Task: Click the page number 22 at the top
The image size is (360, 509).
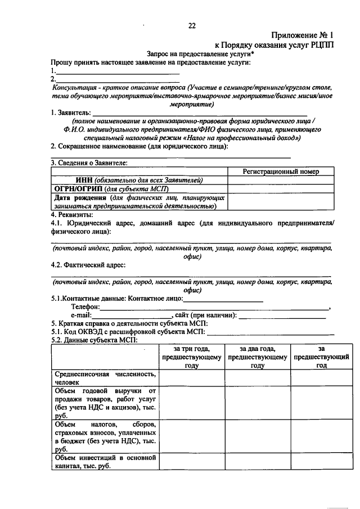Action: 191,25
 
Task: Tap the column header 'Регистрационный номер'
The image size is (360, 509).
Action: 281,172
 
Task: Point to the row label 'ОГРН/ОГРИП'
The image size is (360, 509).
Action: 76,189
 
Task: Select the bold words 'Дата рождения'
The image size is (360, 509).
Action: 79,198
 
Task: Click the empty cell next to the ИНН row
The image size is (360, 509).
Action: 281,180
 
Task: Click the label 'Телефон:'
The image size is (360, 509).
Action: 85,307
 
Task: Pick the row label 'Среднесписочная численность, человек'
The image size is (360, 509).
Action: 104,377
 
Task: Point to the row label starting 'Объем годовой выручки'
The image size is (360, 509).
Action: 104,403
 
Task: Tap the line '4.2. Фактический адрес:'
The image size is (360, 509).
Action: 88,265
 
